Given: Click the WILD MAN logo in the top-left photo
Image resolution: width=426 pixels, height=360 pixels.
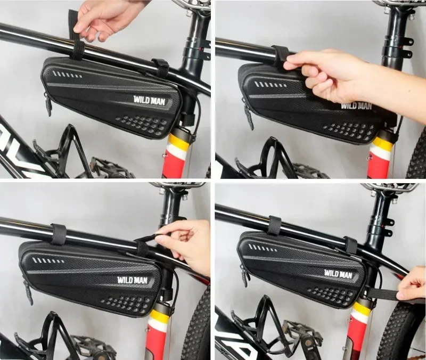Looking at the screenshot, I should pyautogui.click(x=148, y=100).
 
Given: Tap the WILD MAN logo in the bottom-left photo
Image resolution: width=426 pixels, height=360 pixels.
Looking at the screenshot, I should pyautogui.click(x=133, y=279).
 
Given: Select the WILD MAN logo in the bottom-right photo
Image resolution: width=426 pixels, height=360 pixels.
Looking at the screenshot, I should pyautogui.click(x=338, y=274).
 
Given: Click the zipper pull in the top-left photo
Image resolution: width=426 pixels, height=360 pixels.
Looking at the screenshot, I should pyautogui.click(x=48, y=104).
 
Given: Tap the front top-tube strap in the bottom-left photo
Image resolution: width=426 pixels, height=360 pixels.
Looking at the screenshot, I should pyautogui.click(x=58, y=234).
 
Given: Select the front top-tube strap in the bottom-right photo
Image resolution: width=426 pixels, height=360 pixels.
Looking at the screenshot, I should pyautogui.click(x=274, y=225).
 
